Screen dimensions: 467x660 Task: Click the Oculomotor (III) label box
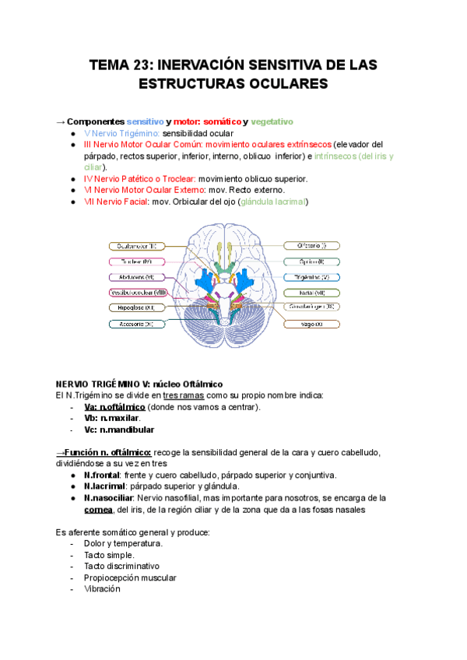point(137,246)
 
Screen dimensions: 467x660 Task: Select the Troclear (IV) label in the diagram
point(137,262)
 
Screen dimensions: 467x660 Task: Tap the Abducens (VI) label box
point(137,277)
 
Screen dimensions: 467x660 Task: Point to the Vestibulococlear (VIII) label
point(137,292)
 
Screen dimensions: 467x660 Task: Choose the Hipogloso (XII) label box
point(137,307)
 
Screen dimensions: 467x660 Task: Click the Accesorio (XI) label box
point(137,323)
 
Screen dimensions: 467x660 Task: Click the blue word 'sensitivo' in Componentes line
point(145,122)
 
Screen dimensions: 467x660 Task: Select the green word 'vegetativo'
point(272,122)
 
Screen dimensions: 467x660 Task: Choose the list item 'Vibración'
point(102,589)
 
